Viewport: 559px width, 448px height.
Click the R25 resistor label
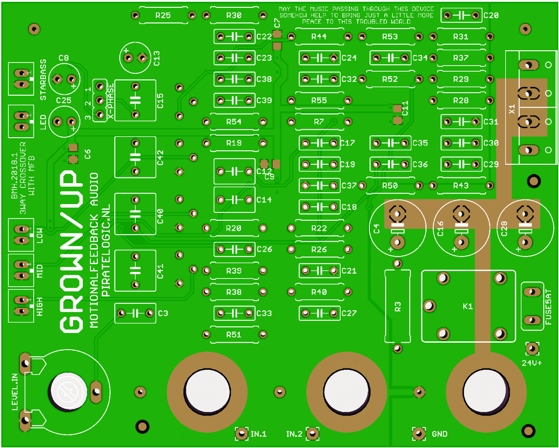click(x=163, y=15)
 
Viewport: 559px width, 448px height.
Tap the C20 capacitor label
click(x=491, y=15)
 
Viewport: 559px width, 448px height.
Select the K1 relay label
click(x=468, y=306)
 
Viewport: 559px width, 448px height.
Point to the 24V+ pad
click(x=532, y=348)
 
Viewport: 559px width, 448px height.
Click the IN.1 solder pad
click(x=242, y=434)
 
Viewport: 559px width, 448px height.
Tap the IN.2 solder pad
click(x=312, y=434)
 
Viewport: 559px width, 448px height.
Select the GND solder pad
click(x=419, y=434)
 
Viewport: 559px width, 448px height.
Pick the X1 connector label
click(x=512, y=109)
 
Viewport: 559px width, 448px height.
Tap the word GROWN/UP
click(x=71, y=251)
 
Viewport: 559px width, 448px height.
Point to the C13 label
click(x=157, y=58)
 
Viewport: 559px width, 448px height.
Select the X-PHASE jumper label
click(x=111, y=101)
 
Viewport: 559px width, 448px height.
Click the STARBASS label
click(x=43, y=80)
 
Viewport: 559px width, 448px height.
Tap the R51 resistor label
click(x=234, y=334)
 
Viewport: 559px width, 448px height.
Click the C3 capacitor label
click(x=163, y=313)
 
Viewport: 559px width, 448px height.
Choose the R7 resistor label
click(x=319, y=122)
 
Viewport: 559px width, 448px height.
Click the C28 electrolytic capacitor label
click(x=504, y=229)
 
